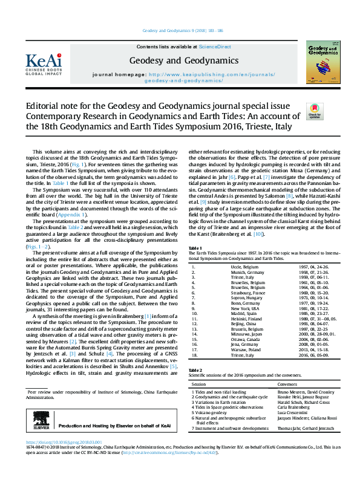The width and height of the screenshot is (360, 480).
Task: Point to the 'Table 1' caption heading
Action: coord(195,265)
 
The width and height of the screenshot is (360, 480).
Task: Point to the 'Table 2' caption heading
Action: coord(195,369)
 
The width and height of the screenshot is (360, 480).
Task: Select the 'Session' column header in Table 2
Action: coord(199,383)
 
